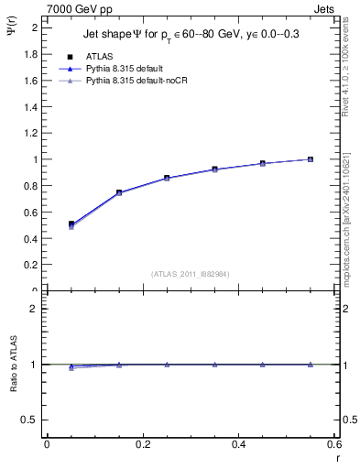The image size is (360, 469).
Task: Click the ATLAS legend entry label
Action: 99,55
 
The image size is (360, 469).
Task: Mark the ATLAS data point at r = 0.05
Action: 71,224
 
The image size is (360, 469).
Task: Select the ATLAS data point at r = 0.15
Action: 119,192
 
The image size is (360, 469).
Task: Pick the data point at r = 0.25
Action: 167,178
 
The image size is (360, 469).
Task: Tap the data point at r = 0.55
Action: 311,159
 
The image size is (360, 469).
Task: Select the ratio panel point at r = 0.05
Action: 71,366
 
